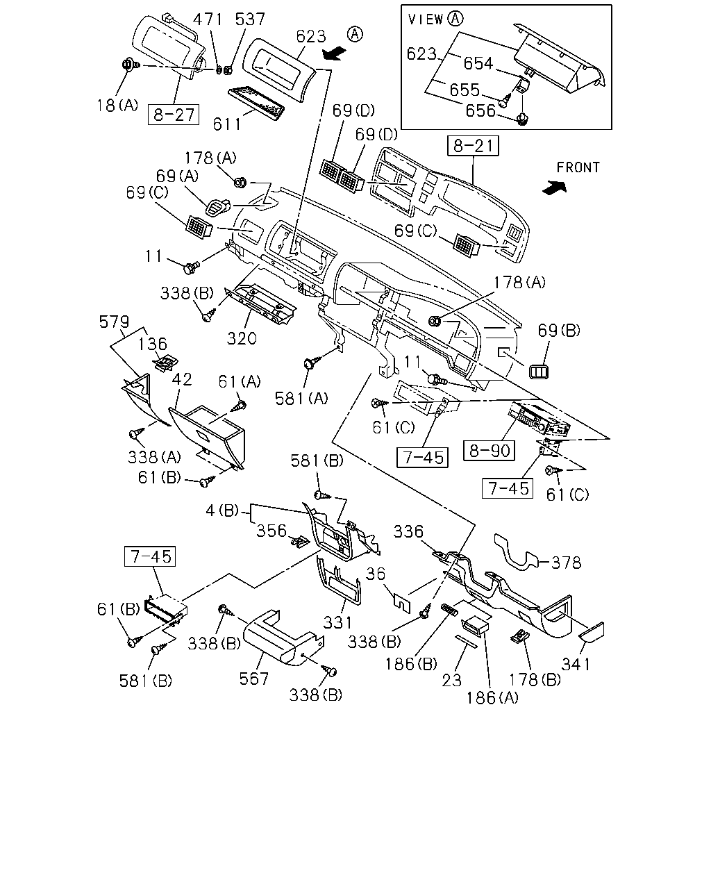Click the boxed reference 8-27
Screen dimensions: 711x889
[174, 115]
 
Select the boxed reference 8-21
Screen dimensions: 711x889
[473, 146]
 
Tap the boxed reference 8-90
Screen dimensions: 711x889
[489, 450]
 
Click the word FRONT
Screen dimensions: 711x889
[578, 167]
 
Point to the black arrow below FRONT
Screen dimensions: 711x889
[554, 188]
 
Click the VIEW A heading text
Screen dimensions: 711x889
[435, 19]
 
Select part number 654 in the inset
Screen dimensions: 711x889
[478, 63]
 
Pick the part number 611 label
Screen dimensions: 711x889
[227, 124]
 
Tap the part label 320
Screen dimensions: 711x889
[242, 339]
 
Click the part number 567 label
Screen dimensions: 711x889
[253, 679]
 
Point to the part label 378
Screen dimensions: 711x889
[567, 563]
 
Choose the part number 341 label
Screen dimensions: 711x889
[576, 664]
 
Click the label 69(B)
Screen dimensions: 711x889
[559, 330]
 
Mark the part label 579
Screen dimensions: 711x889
[114, 322]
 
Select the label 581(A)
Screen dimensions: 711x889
[301, 398]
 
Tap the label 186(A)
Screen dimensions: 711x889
[492, 698]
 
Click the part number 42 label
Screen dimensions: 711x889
[182, 379]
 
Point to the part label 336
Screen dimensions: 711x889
[408, 531]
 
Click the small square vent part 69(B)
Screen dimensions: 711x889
[539, 372]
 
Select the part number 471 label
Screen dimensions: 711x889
[208, 19]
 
